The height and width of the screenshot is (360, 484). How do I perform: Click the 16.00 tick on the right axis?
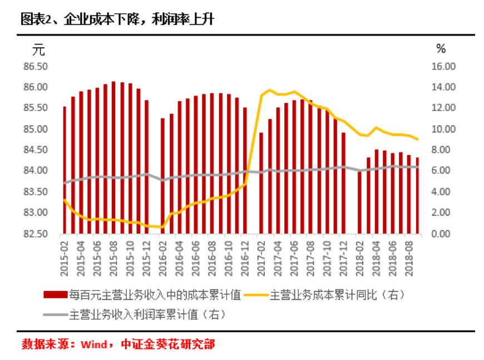pyautogui.click(x=443, y=66)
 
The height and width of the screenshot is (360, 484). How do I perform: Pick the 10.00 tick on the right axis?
pyautogui.click(x=443, y=129)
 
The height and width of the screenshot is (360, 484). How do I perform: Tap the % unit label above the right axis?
pyautogui.click(x=441, y=49)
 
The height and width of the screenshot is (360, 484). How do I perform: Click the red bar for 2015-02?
pyautogui.click(x=65, y=170)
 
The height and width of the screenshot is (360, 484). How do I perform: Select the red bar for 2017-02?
pyautogui.click(x=261, y=183)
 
